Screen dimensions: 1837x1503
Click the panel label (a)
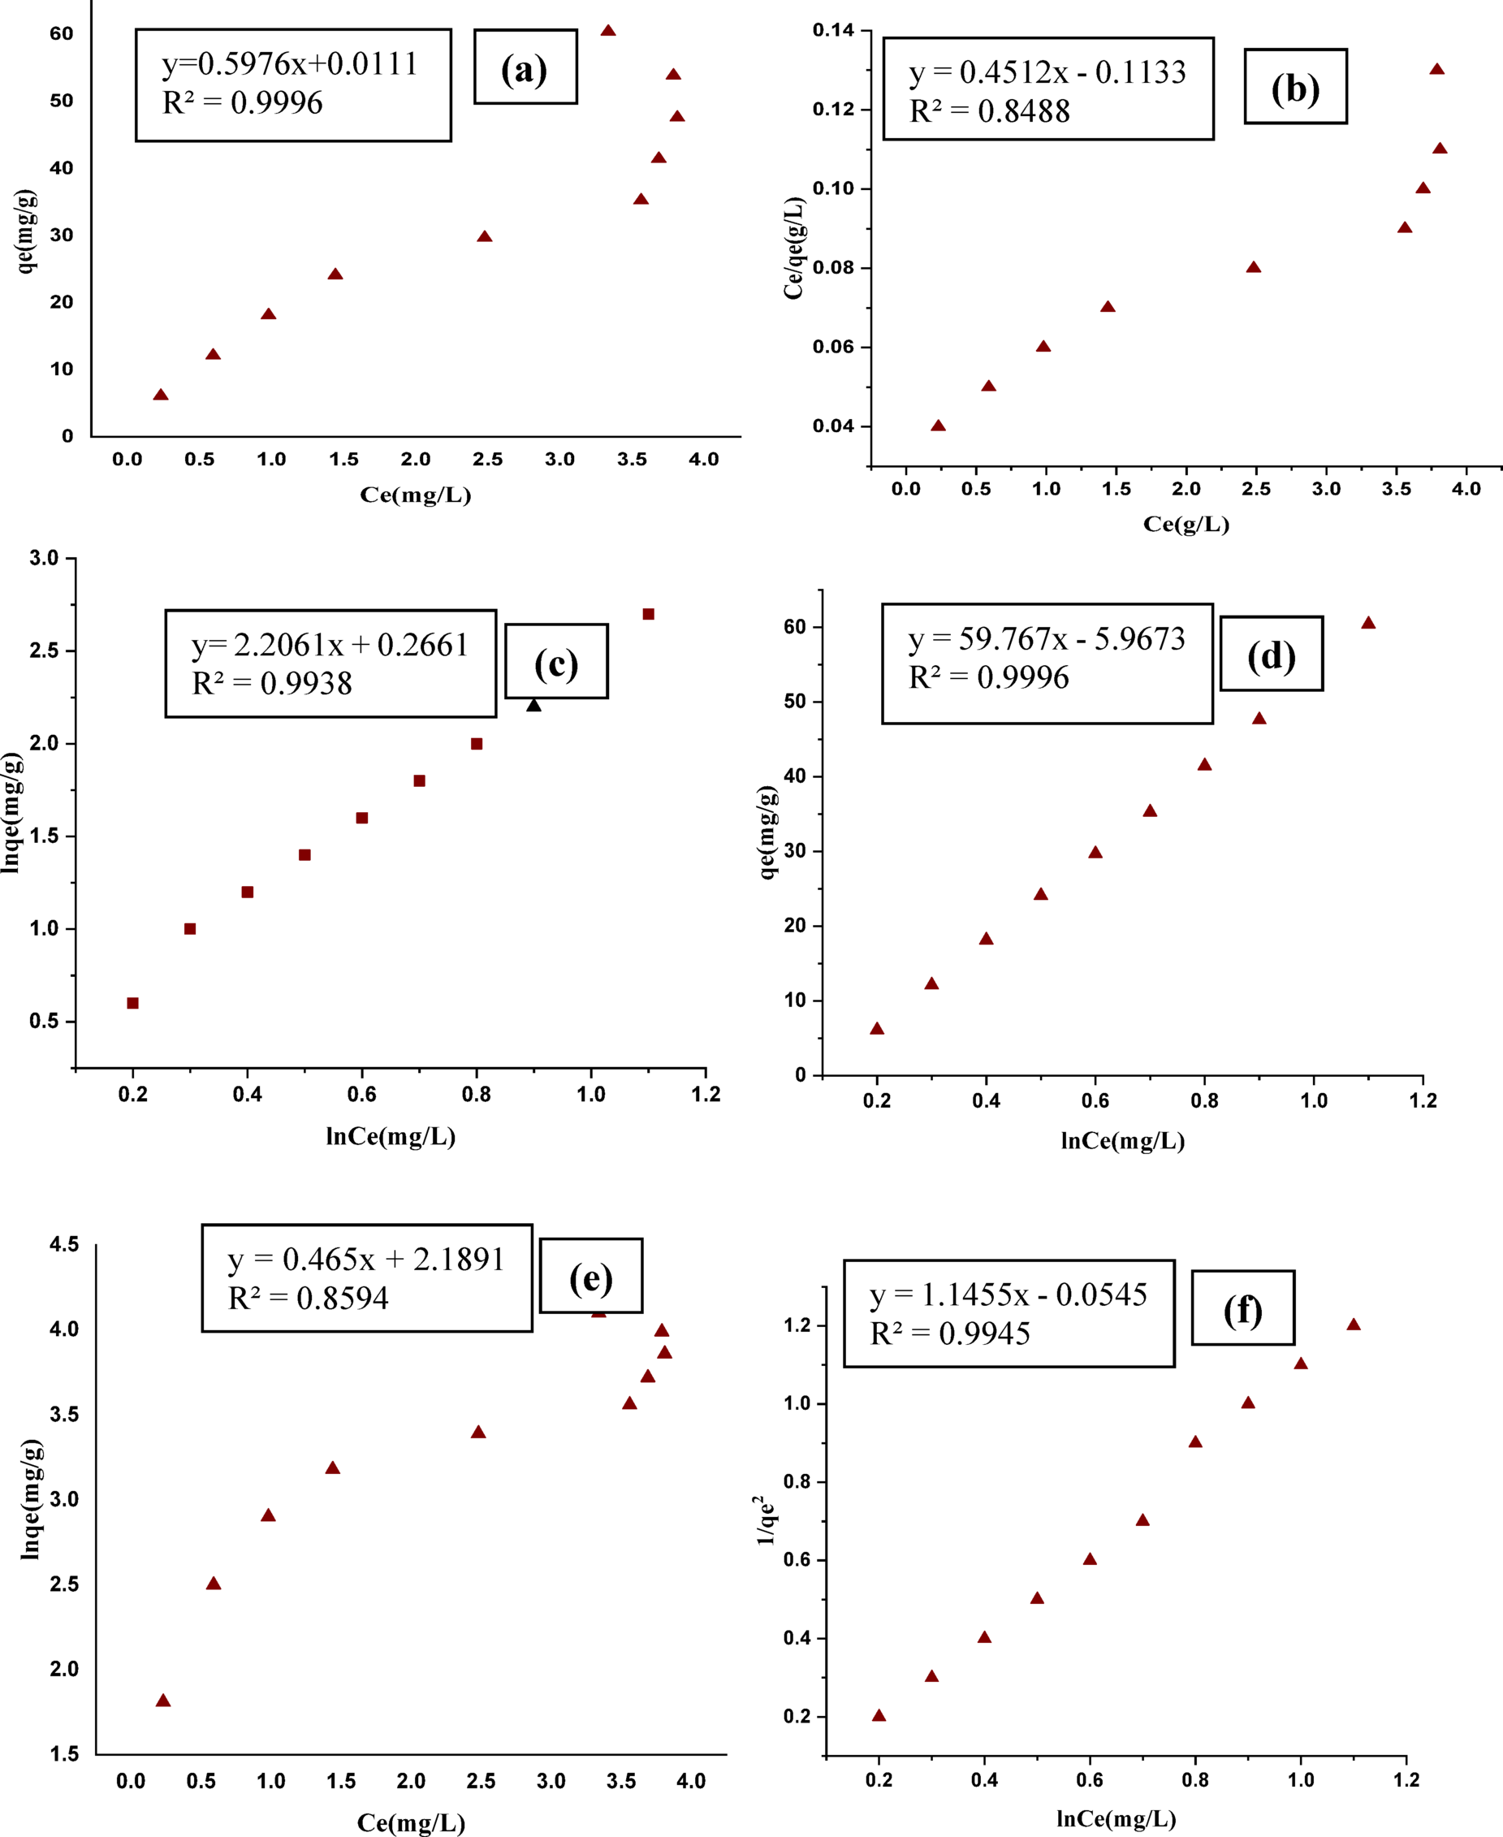[525, 68]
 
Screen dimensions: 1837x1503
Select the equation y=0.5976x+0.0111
[290, 64]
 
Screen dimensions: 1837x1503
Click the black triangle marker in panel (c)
[533, 706]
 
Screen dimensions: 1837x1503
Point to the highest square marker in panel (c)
[649, 614]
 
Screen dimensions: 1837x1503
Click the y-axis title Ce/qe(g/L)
[794, 249]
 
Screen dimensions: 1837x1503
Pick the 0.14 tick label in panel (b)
[833, 30]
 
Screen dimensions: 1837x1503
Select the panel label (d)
[1271, 655]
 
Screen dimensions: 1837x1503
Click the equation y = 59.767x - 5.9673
[1046, 639]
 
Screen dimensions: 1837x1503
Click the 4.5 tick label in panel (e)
[64, 1245]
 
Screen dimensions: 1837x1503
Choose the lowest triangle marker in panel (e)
[162, 1701]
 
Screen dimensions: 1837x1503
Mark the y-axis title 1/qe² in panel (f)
[766, 1520]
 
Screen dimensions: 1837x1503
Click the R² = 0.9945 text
[950, 1334]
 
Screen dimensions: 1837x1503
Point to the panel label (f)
[1242, 1310]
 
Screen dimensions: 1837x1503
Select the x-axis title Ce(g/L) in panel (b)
[1186, 524]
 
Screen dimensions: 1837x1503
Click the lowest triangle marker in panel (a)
[160, 395]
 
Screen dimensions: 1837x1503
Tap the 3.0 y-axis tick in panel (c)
[44, 559]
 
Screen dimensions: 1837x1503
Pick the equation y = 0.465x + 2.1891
[366, 1260]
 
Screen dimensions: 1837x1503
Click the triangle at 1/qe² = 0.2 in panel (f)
[879, 1715]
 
